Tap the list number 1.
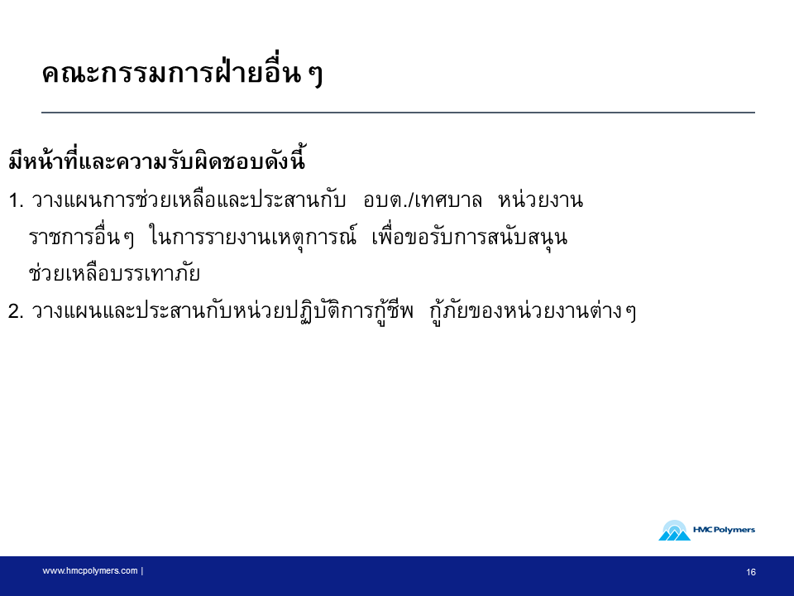[16, 200]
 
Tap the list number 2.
[16, 311]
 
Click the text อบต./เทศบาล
[423, 200]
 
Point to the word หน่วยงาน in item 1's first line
[540, 199]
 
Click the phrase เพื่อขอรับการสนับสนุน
[470, 237]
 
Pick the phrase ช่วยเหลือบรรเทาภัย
[114, 272]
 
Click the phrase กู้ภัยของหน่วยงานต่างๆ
[533, 310]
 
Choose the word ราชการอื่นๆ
[82, 237]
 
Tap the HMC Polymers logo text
[724, 530]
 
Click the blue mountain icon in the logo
[675, 531]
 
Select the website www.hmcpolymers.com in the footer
[89, 570]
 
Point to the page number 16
[751, 572]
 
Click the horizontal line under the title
[398, 112]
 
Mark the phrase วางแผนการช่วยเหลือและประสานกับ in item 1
[189, 199]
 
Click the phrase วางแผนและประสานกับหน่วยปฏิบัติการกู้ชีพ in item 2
[222, 310]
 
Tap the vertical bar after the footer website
[142, 570]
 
